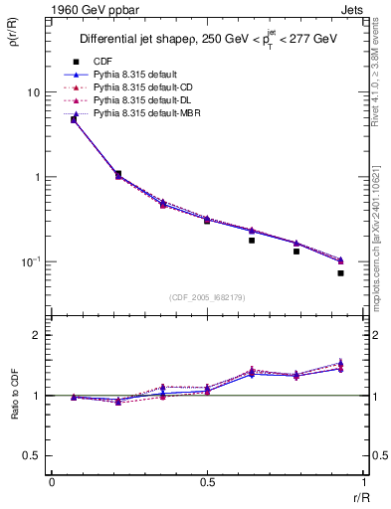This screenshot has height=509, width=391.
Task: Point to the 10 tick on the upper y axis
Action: click(32, 92)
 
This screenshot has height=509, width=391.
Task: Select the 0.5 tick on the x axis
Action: click(207, 483)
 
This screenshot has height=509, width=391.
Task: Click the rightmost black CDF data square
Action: click(340, 272)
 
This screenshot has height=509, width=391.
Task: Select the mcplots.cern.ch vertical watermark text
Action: click(380, 239)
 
